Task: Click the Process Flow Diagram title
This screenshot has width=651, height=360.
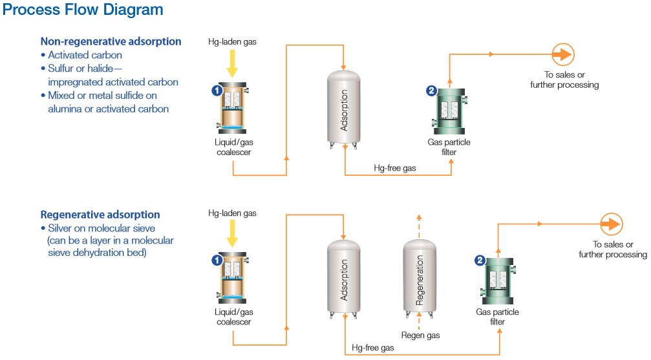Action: pos(83,10)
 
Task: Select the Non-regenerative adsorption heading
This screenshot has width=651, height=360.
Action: pos(111,41)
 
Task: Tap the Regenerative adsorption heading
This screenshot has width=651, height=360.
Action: pos(100,215)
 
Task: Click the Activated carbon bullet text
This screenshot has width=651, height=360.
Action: pos(85,55)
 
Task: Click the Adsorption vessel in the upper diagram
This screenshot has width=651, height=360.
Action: pos(344,108)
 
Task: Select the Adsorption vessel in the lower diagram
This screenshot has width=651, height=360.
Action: pos(344,279)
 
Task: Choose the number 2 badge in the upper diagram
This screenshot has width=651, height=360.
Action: pos(432,90)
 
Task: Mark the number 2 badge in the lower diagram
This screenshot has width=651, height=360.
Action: pos(480,260)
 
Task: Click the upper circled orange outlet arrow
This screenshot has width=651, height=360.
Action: pos(562,54)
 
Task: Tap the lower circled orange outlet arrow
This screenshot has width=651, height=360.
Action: pos(611,224)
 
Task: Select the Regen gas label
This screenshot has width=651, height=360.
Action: pos(420,335)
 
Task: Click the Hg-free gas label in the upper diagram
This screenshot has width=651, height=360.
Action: pos(395,168)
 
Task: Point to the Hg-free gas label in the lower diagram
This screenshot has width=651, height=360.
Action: pos(373,348)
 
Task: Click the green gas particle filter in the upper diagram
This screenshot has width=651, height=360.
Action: pos(449,111)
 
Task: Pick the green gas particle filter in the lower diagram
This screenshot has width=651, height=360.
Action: pos(498,280)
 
